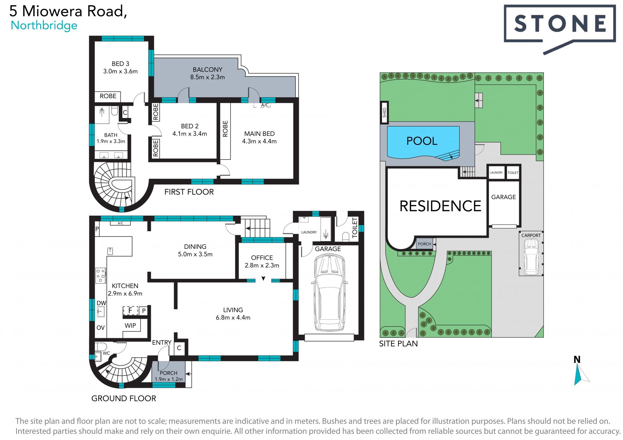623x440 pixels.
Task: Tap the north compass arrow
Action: click(x=580, y=375)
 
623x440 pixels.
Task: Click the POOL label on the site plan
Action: click(x=422, y=141)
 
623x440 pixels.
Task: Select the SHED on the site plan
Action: click(x=385, y=113)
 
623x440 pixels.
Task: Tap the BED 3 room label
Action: click(x=120, y=67)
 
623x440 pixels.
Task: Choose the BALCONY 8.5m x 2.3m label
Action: click(x=208, y=73)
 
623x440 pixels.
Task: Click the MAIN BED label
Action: click(x=259, y=134)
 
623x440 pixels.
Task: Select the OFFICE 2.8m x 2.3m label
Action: click(x=262, y=261)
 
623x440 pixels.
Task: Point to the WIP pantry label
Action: click(x=130, y=326)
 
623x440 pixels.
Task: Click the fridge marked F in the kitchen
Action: click(x=130, y=311)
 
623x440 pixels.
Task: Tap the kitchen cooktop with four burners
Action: click(x=101, y=275)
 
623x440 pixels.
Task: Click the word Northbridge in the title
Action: click(x=44, y=26)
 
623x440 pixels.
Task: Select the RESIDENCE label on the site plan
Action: click(x=440, y=206)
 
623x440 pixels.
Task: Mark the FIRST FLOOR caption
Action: click(x=189, y=192)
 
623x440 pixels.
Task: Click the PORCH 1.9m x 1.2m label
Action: click(x=168, y=376)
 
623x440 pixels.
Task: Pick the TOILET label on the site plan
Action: click(x=513, y=173)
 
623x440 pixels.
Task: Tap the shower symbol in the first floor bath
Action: click(x=102, y=112)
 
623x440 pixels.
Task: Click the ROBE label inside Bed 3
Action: click(x=108, y=96)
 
